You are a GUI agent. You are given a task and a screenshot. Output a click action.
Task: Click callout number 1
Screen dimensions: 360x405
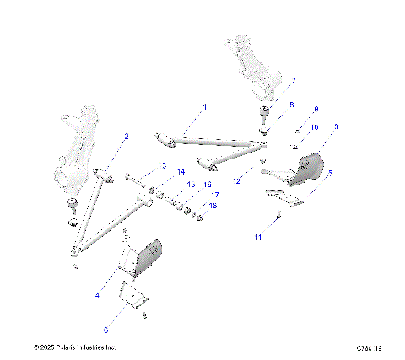pyautogui.click(x=203, y=107)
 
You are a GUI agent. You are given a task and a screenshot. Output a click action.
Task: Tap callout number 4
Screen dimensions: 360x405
pyautogui.click(x=97, y=296)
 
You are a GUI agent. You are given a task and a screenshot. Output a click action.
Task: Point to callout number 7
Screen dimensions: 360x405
pyautogui.click(x=293, y=83)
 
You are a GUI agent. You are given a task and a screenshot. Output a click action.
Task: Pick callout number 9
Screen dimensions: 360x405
pyautogui.click(x=316, y=110)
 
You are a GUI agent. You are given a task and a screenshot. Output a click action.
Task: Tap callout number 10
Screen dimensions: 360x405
pyautogui.click(x=315, y=127)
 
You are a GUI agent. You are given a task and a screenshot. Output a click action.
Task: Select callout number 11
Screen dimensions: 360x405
pyautogui.click(x=259, y=239)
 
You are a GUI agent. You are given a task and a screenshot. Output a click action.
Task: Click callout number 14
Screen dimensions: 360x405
pyautogui.click(x=181, y=172)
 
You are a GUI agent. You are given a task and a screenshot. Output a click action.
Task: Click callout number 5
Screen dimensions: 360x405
pyautogui.click(x=330, y=173)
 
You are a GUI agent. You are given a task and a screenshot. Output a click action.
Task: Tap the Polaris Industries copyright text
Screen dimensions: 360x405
pyautogui.click(x=74, y=347)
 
